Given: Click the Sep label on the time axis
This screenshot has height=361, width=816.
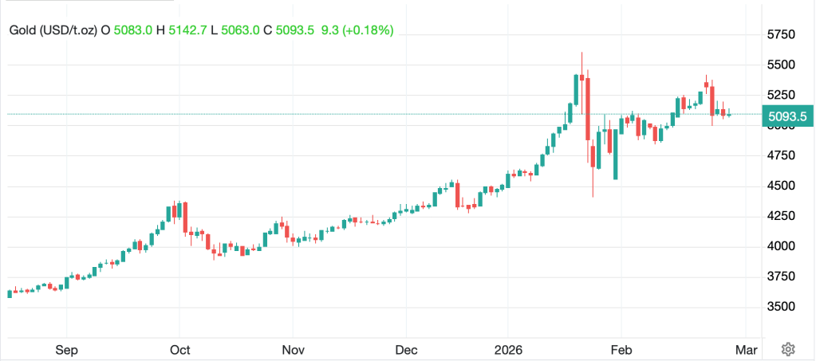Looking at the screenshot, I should [66, 349].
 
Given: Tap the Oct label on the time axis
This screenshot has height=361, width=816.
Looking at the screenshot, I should [179, 349].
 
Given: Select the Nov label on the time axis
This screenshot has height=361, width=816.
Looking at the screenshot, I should [293, 349].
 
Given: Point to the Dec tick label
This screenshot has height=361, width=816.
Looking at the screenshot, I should [406, 349].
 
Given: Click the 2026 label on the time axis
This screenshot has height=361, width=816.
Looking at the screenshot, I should [508, 349].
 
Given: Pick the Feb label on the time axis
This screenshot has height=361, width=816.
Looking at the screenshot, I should [621, 349].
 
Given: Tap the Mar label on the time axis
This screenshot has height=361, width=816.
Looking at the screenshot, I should [745, 349].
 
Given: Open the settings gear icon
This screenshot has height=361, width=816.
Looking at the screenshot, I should [788, 349].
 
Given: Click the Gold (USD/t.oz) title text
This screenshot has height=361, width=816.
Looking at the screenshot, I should [53, 30].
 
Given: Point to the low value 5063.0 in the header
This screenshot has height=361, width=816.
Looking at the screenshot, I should [242, 30].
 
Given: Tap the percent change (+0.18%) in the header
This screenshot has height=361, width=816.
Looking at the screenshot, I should [366, 30].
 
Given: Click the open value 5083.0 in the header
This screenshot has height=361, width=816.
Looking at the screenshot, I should [132, 30].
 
